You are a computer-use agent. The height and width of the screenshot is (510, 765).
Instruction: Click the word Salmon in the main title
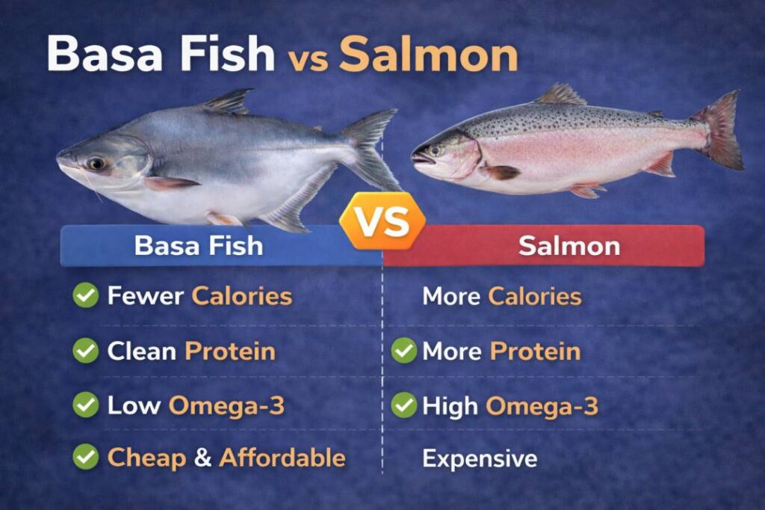pos(428,54)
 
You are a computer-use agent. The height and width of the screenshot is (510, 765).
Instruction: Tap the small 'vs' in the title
pos(307,59)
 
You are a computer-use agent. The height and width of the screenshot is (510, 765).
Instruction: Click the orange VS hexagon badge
pos(382,222)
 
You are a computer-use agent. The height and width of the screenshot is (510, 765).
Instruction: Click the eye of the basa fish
pos(96,162)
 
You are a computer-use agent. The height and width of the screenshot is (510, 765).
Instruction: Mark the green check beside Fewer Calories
pos(85,295)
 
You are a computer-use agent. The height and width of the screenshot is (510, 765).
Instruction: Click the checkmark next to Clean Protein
pos(85,351)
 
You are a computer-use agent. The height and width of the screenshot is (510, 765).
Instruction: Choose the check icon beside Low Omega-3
pos(85,405)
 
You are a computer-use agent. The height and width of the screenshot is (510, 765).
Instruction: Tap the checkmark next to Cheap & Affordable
pos(85,458)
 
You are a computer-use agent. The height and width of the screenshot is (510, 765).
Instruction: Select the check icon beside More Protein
pos(404,351)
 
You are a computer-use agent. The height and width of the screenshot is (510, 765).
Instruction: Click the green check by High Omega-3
pos(404,405)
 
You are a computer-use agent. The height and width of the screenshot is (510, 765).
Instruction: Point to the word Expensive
pos(480,458)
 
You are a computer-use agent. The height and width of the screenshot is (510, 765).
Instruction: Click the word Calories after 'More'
pos(535,296)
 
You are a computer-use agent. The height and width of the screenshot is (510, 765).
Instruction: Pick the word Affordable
pos(282,458)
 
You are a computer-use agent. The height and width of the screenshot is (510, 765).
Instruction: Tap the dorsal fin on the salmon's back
pos(560,96)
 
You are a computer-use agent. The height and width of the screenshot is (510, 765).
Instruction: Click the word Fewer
pos(145,296)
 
